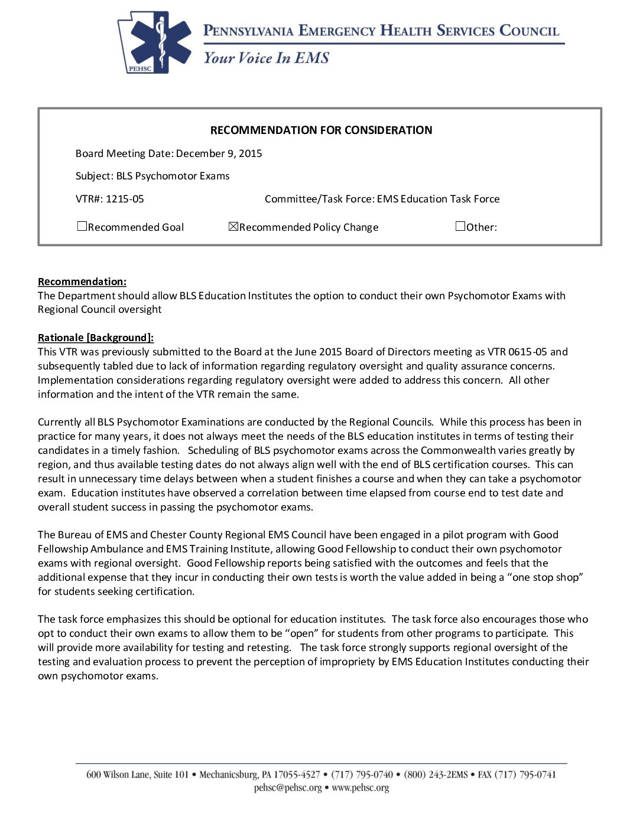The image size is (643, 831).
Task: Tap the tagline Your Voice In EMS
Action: click(x=266, y=58)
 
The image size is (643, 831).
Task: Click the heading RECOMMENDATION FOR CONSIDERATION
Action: click(x=321, y=130)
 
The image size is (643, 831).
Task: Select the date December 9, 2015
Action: click(x=219, y=153)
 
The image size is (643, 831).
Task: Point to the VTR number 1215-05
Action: click(x=125, y=199)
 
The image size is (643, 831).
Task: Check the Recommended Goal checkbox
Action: click(x=82, y=227)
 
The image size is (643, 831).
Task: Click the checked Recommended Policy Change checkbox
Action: click(x=233, y=227)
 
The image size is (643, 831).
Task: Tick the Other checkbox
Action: click(x=460, y=226)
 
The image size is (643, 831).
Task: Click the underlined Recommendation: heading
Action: click(x=82, y=282)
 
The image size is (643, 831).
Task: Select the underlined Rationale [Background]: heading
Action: click(x=96, y=338)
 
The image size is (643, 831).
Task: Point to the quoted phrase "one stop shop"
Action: click(x=547, y=577)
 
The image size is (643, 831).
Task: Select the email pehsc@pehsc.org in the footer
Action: click(x=288, y=788)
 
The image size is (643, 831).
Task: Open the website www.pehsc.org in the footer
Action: click(x=360, y=788)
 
